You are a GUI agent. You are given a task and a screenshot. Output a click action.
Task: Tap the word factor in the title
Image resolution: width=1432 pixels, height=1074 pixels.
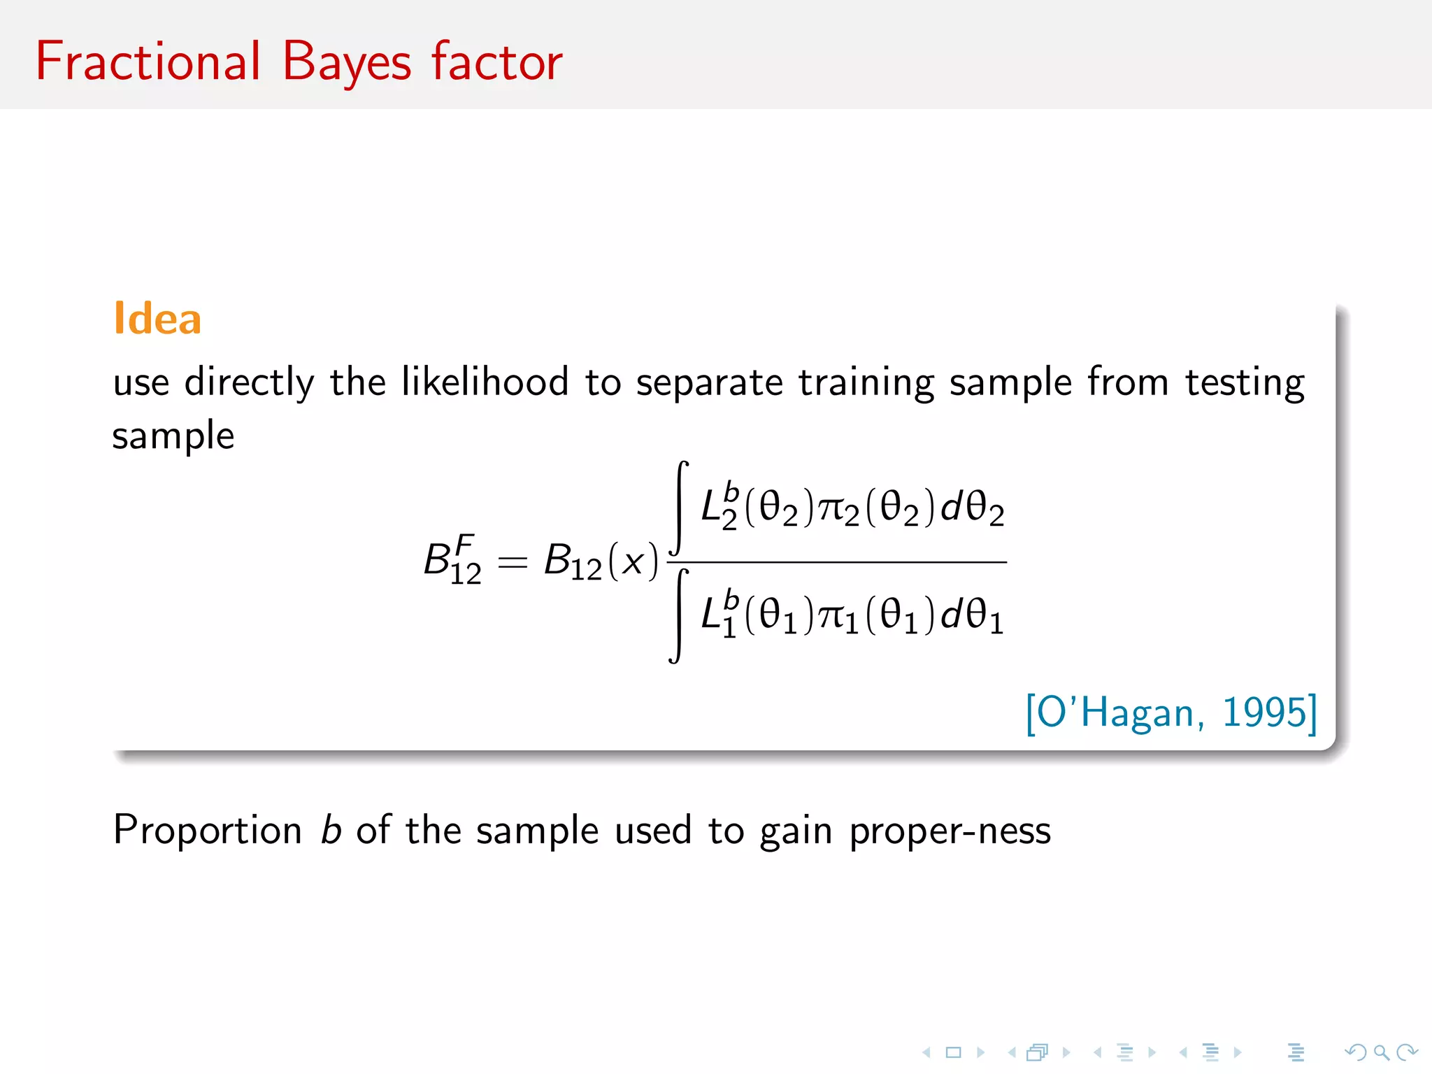[x=496, y=62]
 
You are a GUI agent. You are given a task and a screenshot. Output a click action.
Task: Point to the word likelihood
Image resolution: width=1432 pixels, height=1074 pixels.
[x=485, y=382]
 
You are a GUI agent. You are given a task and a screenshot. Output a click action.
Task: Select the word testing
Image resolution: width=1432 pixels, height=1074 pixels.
[x=1245, y=383]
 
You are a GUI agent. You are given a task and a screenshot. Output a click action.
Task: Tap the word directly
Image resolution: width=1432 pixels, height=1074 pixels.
[x=249, y=383]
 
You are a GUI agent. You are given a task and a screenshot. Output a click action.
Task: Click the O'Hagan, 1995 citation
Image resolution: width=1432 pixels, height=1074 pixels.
[x=1170, y=713]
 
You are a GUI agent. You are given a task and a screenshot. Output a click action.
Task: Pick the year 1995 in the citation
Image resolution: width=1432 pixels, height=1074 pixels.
[x=1264, y=713]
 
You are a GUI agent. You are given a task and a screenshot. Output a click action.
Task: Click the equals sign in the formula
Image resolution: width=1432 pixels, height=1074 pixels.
[x=512, y=561]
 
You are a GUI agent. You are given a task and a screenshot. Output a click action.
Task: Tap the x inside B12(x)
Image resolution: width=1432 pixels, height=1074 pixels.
[x=633, y=561]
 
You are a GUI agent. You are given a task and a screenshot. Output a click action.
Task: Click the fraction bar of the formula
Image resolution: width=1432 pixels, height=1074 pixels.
[x=839, y=561]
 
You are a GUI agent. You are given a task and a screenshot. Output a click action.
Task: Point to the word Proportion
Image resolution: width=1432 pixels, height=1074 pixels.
[x=208, y=831]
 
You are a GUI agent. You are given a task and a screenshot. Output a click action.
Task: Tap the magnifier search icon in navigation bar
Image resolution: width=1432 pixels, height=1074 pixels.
[x=1381, y=1052]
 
